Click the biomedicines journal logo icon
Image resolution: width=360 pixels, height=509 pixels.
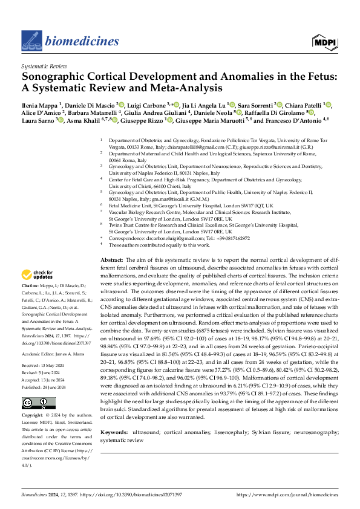[x=31, y=40]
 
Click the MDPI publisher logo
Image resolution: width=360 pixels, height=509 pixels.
[x=325, y=41]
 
